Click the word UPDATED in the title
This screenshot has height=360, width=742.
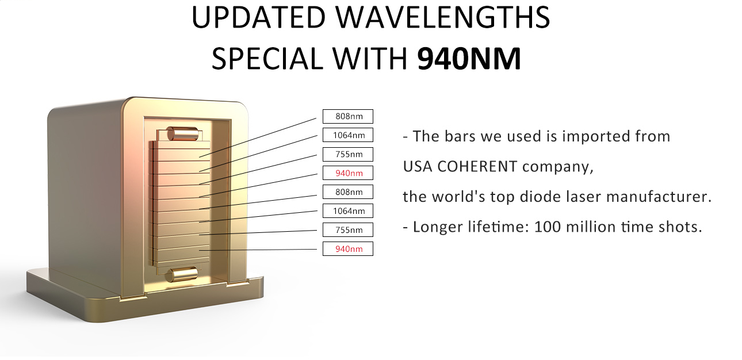pos(258,17)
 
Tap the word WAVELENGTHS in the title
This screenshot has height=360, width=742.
pos(443,17)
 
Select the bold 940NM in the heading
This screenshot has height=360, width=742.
pos(469,59)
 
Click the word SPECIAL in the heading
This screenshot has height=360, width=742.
pos(267,59)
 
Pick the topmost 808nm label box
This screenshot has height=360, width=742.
pos(348,116)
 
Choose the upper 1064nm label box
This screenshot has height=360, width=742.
pos(348,135)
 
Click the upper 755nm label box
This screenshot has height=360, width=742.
pos(348,154)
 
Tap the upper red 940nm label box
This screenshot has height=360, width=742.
pos(348,173)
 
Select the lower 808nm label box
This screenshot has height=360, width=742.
pos(348,192)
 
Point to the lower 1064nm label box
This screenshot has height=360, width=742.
pos(348,210)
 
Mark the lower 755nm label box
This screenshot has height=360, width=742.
pos(348,230)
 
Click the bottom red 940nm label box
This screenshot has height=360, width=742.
pos(348,248)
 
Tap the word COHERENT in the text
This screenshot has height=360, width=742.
pos(477,167)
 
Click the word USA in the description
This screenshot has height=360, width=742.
pos(418,167)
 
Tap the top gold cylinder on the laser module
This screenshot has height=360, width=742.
pos(182,133)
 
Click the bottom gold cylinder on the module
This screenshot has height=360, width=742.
pos(182,275)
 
